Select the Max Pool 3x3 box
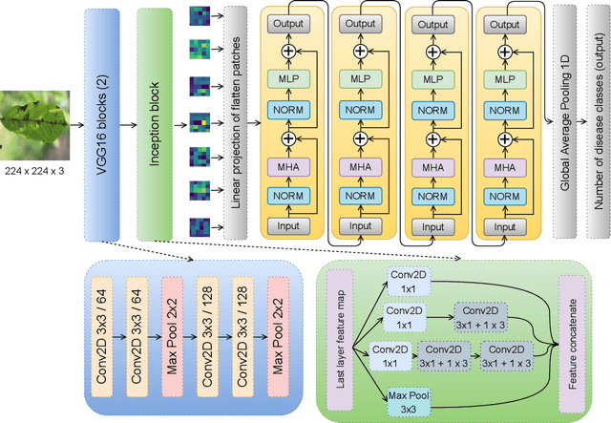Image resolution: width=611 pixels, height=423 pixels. coord(410,401)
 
